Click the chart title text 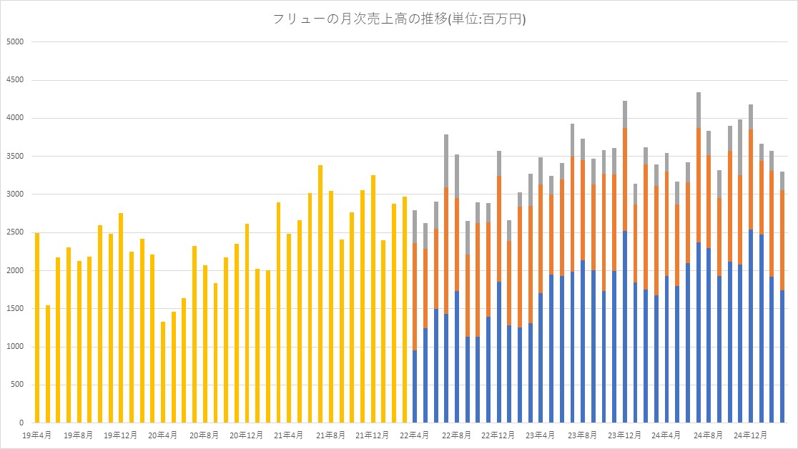pos(400,19)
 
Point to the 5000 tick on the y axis pos(15,41)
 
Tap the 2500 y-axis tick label pos(15,232)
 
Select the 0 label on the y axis pos(21,423)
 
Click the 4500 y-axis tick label pos(15,80)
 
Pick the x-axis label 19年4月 pos(36,435)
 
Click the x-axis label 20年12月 pos(247,435)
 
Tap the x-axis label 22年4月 pos(415,435)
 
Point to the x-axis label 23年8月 pos(583,435)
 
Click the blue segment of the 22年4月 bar pos(415,386)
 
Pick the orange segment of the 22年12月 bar pos(499,229)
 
